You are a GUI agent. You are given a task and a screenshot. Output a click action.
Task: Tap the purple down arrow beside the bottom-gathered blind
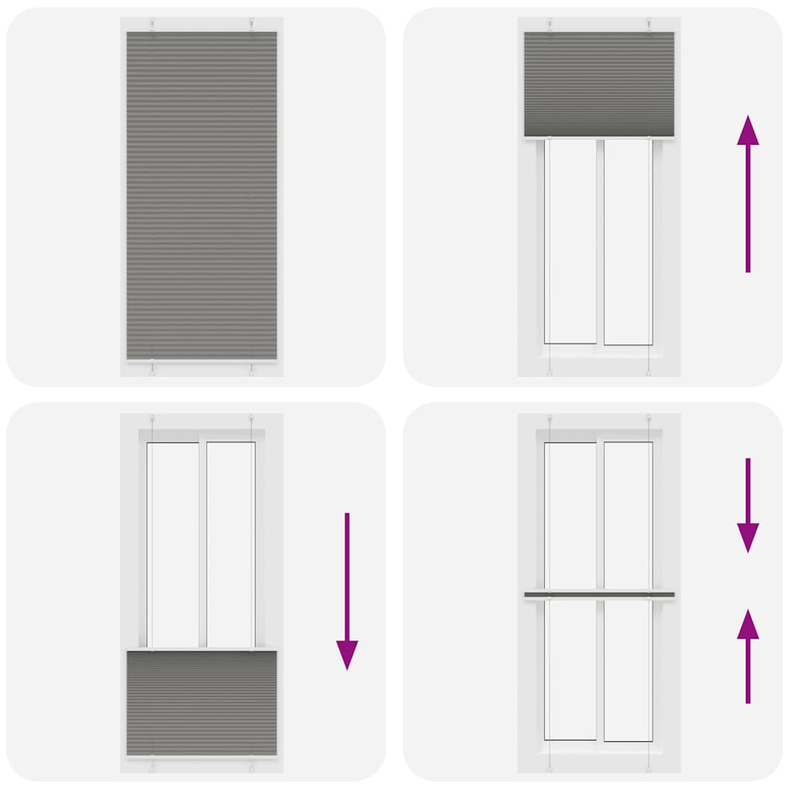[347, 590]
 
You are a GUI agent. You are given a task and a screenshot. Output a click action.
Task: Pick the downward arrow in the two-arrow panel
[747, 505]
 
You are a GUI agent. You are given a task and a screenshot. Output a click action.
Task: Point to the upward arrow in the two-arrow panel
[747, 656]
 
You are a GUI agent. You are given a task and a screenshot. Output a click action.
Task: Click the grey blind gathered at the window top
[599, 83]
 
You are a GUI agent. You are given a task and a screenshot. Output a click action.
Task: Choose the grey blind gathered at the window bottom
[202, 703]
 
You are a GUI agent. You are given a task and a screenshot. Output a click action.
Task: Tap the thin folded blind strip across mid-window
[599, 595]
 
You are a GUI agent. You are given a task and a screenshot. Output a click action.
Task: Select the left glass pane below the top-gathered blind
[571, 240]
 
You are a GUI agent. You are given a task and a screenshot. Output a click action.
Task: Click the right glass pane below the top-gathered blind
[627, 240]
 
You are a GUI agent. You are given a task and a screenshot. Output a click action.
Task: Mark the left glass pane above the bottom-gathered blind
[173, 544]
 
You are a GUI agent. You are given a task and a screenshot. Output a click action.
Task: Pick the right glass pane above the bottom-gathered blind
[230, 544]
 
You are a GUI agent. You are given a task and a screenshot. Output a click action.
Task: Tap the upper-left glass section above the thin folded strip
[571, 515]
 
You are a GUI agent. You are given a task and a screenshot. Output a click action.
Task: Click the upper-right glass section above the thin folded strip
[627, 515]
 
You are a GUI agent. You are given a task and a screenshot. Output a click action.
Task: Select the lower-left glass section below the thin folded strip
[571, 669]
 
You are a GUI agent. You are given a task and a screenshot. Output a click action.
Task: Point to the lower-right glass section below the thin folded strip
[627, 669]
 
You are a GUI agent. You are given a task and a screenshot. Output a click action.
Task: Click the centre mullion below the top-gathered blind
[599, 240]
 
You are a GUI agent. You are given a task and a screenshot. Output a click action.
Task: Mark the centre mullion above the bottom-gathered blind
[203, 544]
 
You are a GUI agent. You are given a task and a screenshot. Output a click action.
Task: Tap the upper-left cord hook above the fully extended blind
[153, 24]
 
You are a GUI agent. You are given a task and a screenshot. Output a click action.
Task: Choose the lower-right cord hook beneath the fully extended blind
[251, 369]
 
